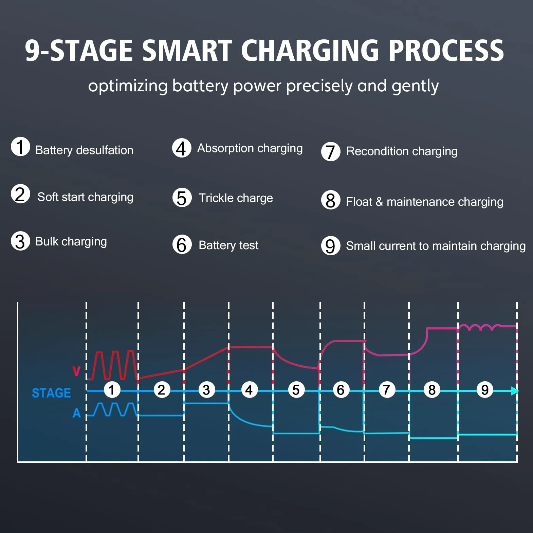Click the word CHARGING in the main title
point(310,51)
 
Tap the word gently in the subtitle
point(415,87)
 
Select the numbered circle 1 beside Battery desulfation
point(20,147)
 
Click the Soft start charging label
point(85,197)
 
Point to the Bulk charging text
point(71,242)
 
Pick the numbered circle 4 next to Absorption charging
point(182,148)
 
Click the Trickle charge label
point(236,198)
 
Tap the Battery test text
point(228,245)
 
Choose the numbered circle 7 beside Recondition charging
point(331,151)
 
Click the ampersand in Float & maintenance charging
point(379,202)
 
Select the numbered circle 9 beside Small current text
point(331,245)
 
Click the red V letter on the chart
point(76,371)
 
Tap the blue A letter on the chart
point(77,413)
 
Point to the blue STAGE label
point(51,393)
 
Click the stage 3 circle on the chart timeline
point(206,390)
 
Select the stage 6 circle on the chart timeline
point(341,390)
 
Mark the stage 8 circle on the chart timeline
point(432,390)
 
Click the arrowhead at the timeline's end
point(515,391)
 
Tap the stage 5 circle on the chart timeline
point(296,390)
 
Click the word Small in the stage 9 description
point(361,246)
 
